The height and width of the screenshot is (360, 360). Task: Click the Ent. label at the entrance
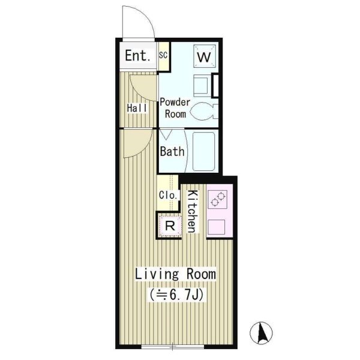pos(138,55)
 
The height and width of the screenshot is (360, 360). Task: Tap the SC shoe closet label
pos(163,55)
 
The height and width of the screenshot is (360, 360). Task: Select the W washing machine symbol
pos(205,56)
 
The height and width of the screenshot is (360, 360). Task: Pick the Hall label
pos(137,108)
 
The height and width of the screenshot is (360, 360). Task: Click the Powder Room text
pos(175,108)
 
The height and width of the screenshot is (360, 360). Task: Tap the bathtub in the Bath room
pos(204,151)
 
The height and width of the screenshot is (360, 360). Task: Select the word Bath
pos(172,152)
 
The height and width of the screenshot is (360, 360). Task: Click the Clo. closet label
pos(168,196)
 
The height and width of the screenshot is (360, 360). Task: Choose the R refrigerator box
pos(170,226)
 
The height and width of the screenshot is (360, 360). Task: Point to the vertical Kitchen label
pos(193,211)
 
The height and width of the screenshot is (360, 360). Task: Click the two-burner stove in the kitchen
pos(217,199)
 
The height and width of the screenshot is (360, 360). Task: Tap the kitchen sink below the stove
pos(216,227)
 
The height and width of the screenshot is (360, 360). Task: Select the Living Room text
pos(175,274)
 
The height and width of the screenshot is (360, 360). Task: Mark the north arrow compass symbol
pos(261,333)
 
